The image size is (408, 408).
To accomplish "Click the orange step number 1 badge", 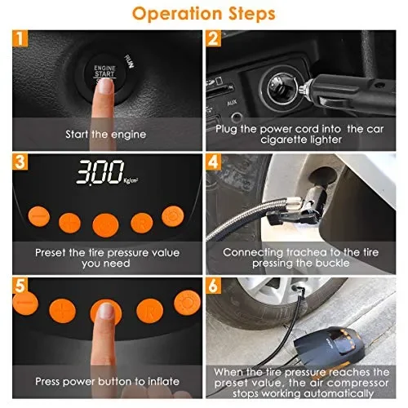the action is point(20,38).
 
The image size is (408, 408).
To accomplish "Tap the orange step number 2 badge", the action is point(213,38).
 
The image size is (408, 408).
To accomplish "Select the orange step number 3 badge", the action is point(20,162).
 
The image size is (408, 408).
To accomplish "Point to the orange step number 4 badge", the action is point(213,162).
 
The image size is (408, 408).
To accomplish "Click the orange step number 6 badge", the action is point(213,286).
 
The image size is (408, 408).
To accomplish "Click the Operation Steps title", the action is point(204,14).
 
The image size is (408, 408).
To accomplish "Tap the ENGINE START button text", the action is point(105,71).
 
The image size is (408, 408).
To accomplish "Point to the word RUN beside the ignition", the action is point(129,61).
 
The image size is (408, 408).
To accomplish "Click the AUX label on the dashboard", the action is point(232,103).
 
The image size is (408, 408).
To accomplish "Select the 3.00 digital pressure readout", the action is point(100,171).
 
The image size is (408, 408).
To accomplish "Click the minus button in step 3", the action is point(39,216).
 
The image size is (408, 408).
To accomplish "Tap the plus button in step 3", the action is point(69,223).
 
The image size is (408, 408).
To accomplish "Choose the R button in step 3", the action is point(142,224).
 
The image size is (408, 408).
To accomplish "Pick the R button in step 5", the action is point(150,311).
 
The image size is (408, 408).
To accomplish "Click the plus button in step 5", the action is point(63,311).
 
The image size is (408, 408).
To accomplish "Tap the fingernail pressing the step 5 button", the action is point(106,311).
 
